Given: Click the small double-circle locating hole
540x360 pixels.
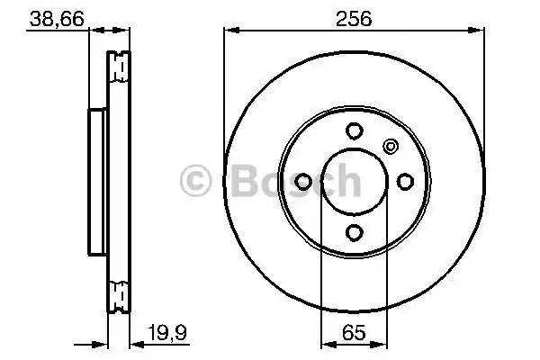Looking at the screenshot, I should (390, 146).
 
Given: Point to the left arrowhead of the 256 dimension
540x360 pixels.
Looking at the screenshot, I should (230, 32).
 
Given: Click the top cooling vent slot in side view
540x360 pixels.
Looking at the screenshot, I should (117, 65).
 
